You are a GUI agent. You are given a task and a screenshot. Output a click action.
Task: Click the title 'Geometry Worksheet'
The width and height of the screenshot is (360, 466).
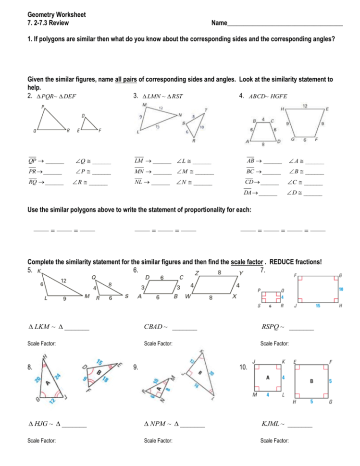(x=57, y=15)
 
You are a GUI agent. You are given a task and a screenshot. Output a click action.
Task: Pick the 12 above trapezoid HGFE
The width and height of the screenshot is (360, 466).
(x=305, y=105)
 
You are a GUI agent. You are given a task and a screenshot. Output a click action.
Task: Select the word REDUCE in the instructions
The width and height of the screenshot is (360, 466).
(x=284, y=262)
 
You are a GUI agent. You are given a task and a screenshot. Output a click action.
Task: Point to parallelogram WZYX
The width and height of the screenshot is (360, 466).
(x=214, y=286)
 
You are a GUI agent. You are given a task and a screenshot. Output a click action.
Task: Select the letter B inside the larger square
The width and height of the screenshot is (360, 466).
(x=312, y=382)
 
